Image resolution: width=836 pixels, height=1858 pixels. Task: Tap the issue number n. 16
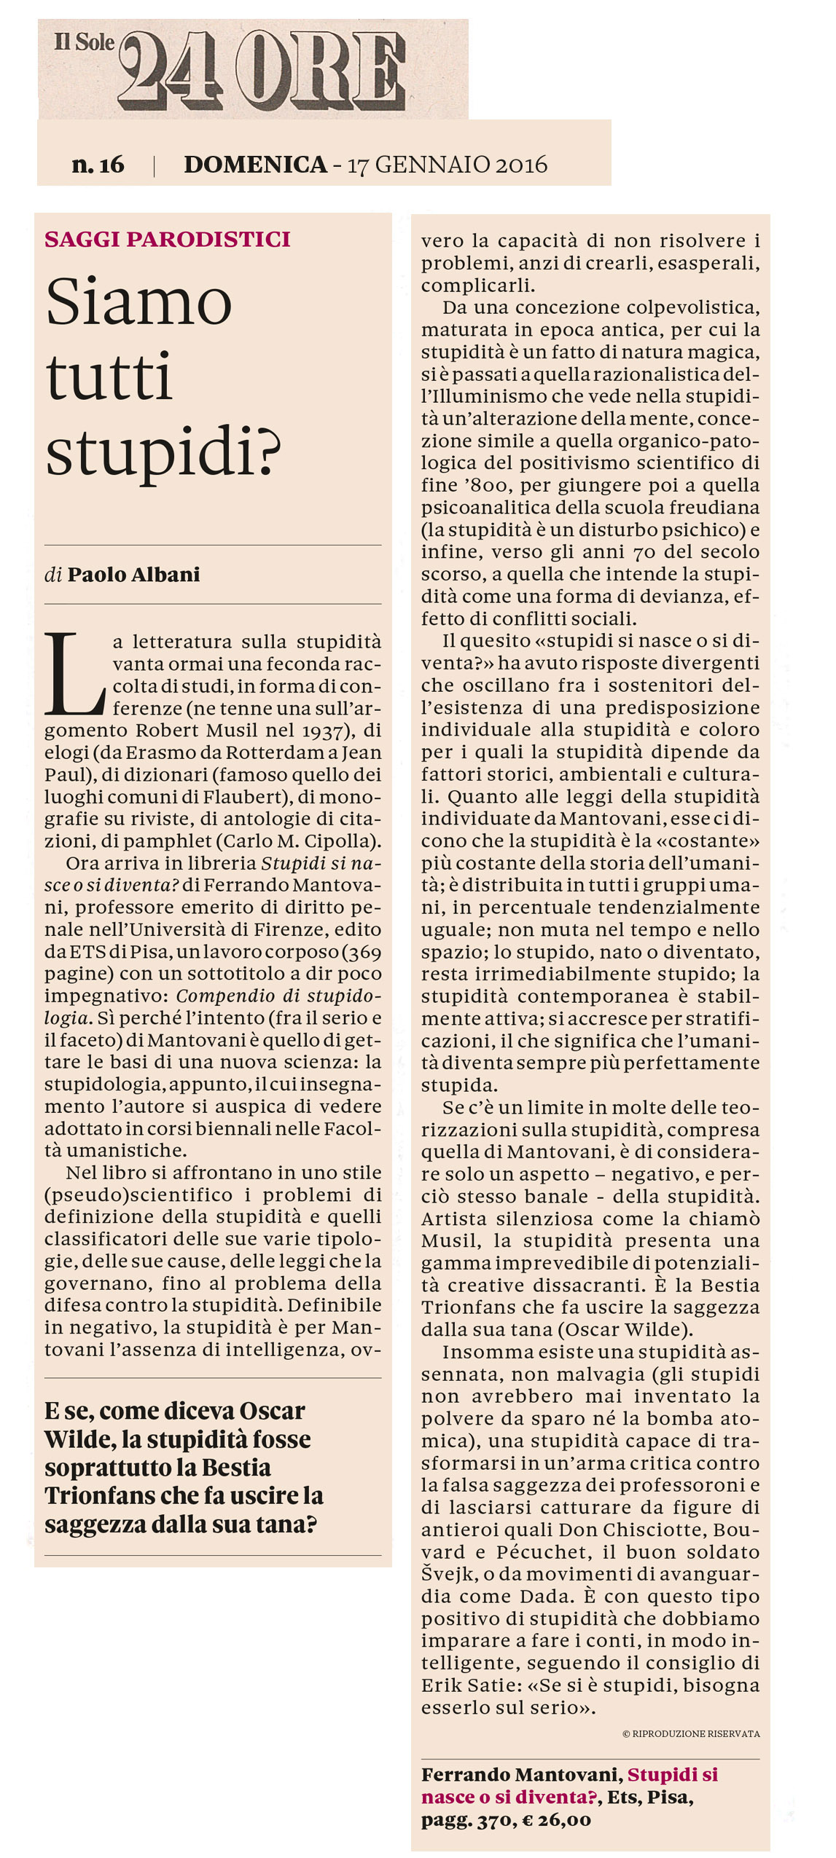(98, 165)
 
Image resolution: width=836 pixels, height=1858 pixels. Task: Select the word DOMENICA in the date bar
(255, 165)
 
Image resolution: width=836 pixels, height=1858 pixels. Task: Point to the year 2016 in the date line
(521, 165)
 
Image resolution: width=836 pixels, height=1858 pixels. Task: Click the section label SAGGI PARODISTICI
(168, 240)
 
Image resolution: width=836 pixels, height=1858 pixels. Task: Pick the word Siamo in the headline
(138, 302)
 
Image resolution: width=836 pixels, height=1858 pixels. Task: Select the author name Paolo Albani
(133, 575)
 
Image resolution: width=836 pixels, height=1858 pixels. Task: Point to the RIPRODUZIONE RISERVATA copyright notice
(691, 1733)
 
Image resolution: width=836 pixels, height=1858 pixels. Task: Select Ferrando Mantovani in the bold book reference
(520, 1774)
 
